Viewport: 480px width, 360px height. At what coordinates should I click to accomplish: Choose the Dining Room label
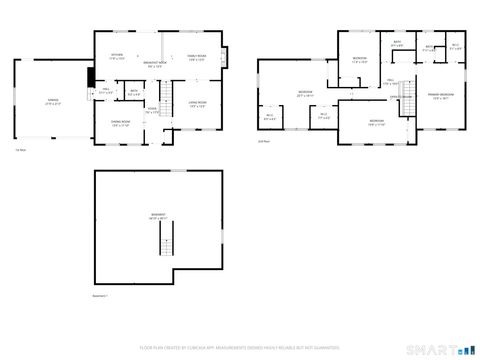pyautogui.click(x=122, y=124)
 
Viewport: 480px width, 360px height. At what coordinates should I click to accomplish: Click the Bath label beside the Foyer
pyautogui.click(x=133, y=95)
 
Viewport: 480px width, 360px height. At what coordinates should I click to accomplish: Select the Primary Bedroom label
pyautogui.click(x=441, y=97)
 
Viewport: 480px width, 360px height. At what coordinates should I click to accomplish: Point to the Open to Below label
pyautogui.click(x=398, y=97)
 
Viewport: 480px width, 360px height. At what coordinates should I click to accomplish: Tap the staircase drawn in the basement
pyautogui.click(x=169, y=240)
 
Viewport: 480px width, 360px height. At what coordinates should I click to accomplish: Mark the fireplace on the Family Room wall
pyautogui.click(x=224, y=55)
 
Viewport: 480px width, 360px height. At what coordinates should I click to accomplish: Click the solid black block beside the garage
pyautogui.click(x=90, y=76)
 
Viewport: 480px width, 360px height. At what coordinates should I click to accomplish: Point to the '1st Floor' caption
pyautogui.click(x=19, y=149)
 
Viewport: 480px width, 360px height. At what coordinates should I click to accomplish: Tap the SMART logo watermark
pyautogui.click(x=441, y=350)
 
